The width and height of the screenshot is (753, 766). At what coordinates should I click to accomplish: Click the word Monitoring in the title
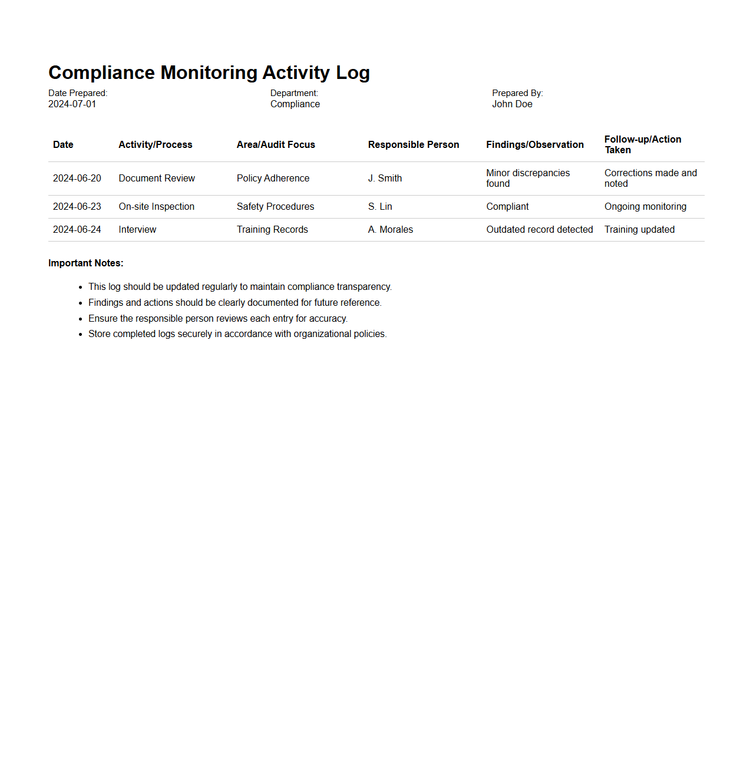coord(209,72)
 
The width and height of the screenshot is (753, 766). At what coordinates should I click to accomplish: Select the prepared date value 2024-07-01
coord(72,104)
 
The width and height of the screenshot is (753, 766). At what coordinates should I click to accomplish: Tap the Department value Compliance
coord(295,104)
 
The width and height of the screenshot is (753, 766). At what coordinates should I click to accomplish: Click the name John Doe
coord(512,104)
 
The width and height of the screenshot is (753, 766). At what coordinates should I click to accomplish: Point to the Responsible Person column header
coord(413,145)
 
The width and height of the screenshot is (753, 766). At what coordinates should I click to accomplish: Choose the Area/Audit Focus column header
coord(276,145)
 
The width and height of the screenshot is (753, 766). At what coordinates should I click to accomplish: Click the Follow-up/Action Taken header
coord(642,144)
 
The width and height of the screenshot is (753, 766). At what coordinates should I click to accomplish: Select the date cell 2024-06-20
coord(77,179)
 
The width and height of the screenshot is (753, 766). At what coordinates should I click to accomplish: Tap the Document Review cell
coord(157,179)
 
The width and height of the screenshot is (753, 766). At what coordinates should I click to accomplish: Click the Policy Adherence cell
coord(273,179)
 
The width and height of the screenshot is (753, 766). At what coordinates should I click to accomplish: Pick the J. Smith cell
coord(385,179)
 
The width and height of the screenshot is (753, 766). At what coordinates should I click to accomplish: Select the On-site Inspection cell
coord(156,207)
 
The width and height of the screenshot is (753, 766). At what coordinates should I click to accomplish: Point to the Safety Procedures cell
coord(275,207)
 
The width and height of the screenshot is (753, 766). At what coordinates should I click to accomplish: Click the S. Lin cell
coord(380,207)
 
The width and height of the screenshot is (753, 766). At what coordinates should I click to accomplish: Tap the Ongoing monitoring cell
coord(645,207)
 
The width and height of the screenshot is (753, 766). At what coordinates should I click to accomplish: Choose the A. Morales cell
coord(390,230)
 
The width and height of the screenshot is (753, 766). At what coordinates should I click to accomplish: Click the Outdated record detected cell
coord(539,230)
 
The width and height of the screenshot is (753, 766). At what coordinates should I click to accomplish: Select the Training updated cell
coord(639,230)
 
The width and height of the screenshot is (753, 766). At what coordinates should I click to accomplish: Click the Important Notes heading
coord(85,263)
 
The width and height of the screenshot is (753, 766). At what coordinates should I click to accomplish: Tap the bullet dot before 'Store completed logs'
coord(81,335)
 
